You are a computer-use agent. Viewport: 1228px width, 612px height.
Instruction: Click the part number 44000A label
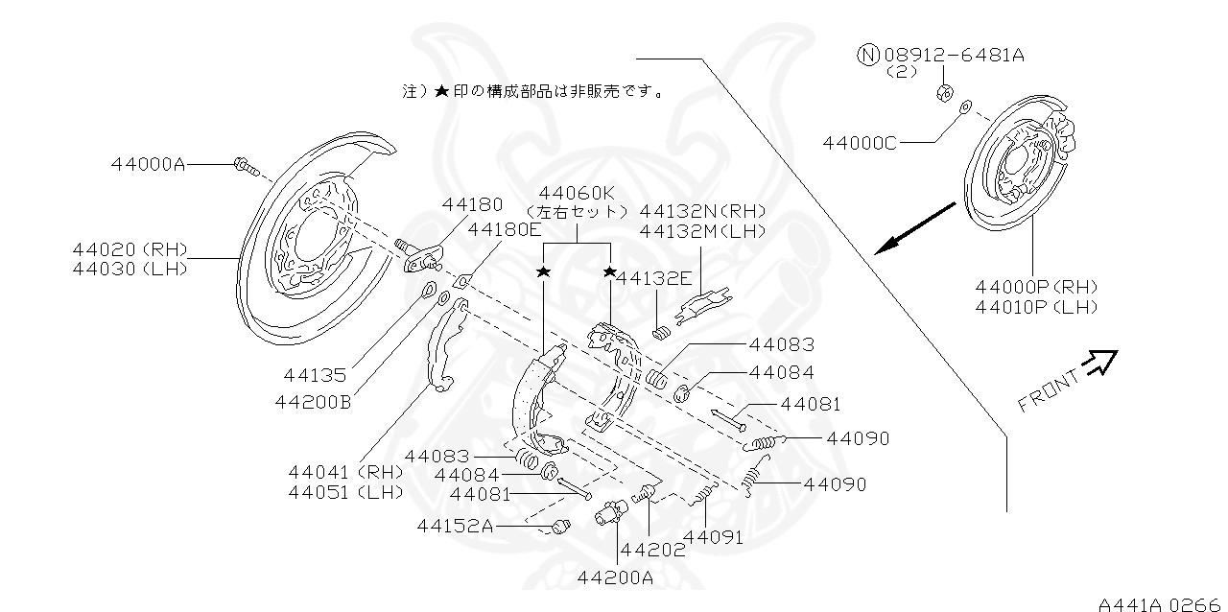click(148, 164)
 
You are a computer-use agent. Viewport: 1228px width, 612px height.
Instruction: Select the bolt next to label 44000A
click(245, 168)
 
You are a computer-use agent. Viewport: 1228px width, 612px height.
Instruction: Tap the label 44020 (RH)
click(130, 249)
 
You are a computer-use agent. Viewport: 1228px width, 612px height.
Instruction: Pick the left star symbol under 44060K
click(543, 272)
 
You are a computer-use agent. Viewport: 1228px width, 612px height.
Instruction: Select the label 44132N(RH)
click(702, 211)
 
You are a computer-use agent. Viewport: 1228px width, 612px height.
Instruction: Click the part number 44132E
click(653, 278)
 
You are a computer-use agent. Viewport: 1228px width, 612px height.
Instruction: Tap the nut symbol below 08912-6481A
click(942, 93)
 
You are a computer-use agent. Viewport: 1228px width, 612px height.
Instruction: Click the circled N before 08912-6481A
click(867, 55)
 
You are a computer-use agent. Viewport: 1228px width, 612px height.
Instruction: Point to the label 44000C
click(860, 143)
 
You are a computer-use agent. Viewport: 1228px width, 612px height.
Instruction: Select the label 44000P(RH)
click(1036, 287)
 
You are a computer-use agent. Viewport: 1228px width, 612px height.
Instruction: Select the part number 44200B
click(313, 402)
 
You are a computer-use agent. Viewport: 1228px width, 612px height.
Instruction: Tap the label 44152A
click(455, 526)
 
